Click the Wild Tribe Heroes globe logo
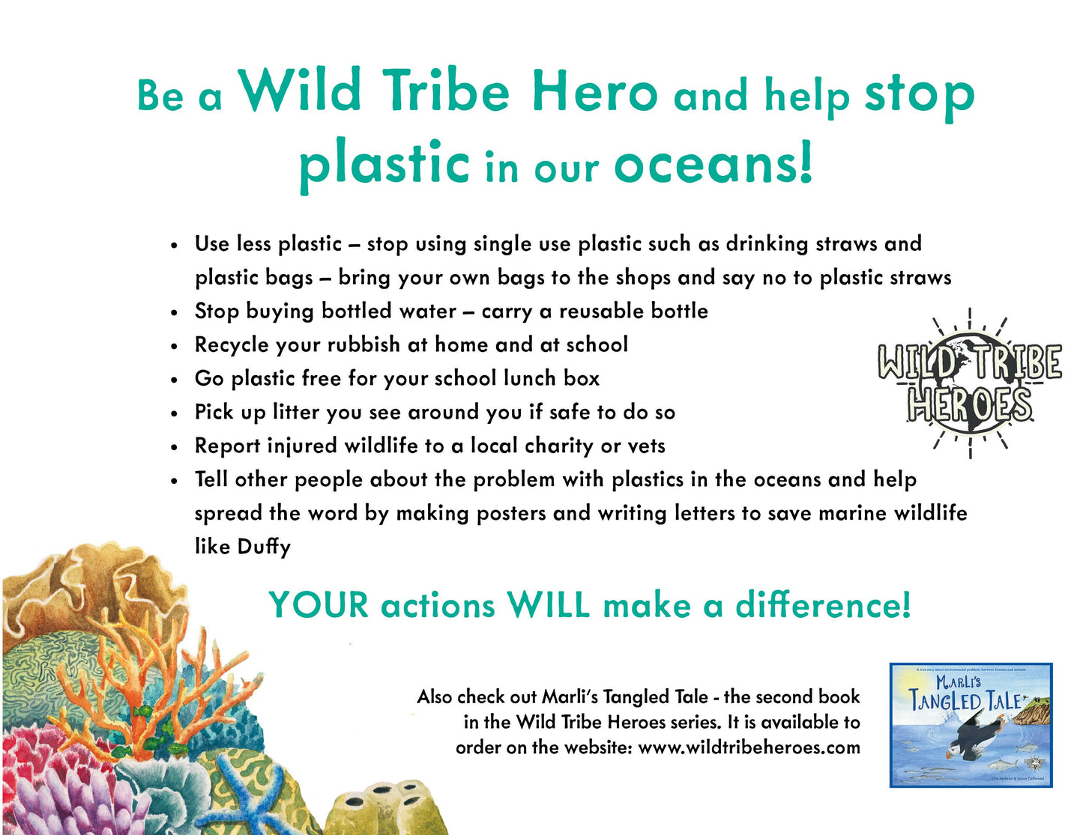[969, 383]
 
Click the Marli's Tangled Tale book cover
[971, 725]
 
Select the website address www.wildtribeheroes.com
[749, 747]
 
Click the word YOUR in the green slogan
[319, 605]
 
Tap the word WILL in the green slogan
[549, 605]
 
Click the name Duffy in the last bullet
[264, 547]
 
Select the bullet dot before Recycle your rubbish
[174, 346]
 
